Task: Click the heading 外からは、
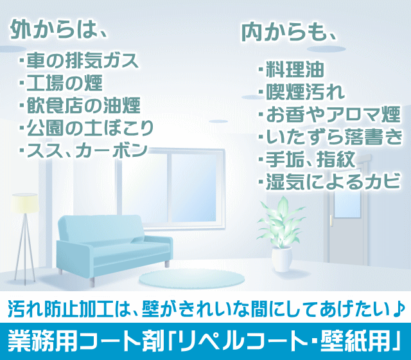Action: pos(59,29)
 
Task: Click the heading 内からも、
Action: pos(288,32)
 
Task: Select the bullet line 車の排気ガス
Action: pos(78,61)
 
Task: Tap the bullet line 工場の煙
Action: pos(61,83)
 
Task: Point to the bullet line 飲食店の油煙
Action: pos(80,105)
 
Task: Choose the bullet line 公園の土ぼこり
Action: pos(86,128)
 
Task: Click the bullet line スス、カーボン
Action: pos(83,150)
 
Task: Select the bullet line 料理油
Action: pos(291,70)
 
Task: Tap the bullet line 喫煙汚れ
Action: pos(302,92)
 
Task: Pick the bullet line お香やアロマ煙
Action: pos(329,114)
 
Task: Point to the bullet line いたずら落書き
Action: pos(330,137)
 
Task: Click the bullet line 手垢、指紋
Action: pos(307,159)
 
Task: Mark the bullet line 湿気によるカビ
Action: pos(329,181)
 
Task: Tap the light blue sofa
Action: pos(114,247)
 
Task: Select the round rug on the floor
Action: pos(191,278)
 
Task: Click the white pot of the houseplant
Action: pos(281,259)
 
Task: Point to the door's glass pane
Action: pos(347,204)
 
